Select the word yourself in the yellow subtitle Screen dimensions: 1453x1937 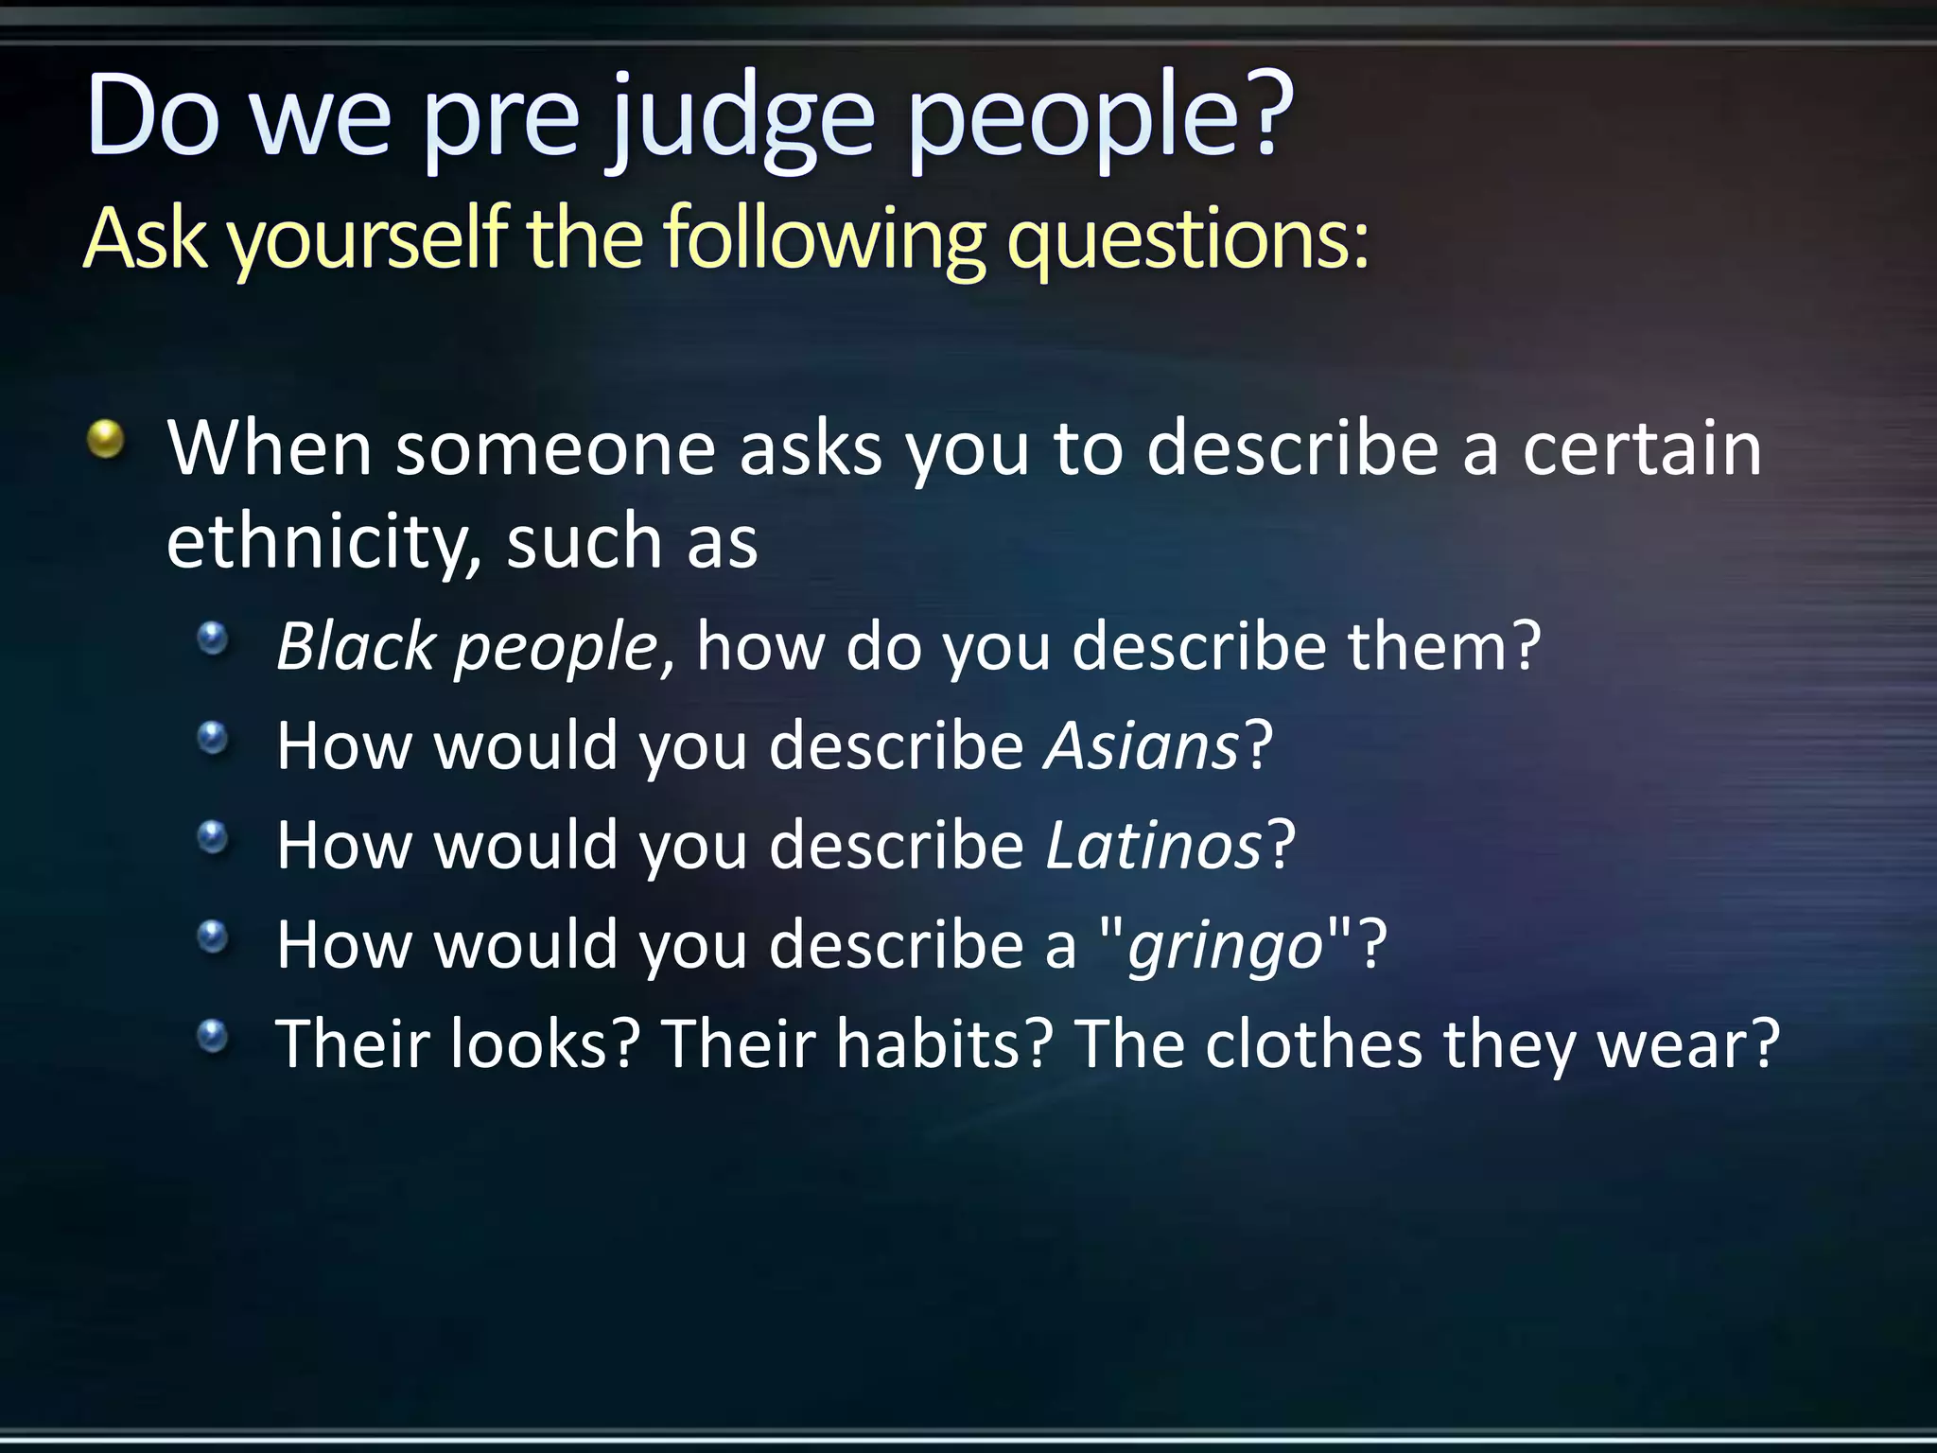pyautogui.click(x=369, y=238)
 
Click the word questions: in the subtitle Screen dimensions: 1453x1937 pyautogui.click(x=1187, y=238)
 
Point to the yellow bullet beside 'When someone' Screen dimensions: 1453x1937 pyautogui.click(x=106, y=439)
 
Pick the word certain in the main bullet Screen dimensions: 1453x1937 pyautogui.click(x=1642, y=448)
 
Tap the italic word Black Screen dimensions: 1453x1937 pyautogui.click(x=356, y=647)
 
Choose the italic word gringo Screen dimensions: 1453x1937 pyautogui.click(x=1226, y=945)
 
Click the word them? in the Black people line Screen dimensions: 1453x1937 pyautogui.click(x=1444, y=647)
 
